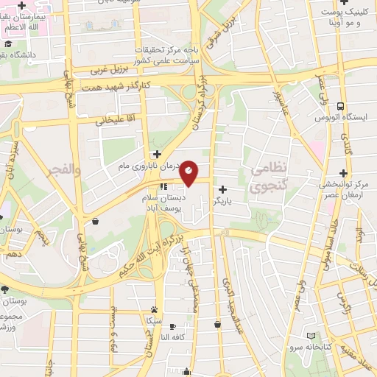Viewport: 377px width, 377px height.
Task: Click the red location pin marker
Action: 189,172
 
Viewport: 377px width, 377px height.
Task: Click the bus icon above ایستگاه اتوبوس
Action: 340,105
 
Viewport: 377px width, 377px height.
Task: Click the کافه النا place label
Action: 176,337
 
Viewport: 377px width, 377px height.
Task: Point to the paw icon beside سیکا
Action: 153,310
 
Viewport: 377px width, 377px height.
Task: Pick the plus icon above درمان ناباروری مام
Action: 156,154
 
